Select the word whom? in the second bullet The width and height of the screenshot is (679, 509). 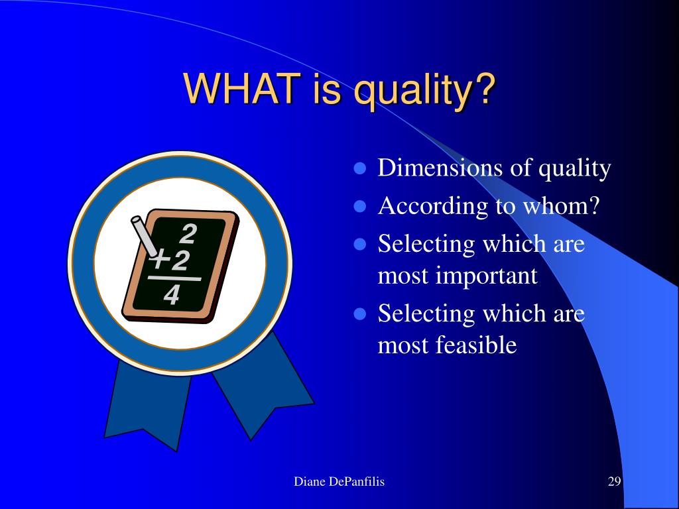(x=561, y=205)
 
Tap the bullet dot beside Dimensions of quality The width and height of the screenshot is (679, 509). (x=360, y=168)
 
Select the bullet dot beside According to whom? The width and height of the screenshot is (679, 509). (x=360, y=206)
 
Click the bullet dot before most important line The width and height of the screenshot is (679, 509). (x=360, y=244)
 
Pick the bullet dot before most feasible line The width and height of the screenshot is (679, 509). (x=360, y=313)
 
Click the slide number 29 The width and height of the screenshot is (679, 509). (x=615, y=481)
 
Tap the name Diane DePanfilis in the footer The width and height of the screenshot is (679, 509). (x=339, y=481)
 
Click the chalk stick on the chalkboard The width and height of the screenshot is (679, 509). (x=145, y=236)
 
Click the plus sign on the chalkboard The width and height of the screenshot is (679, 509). (x=160, y=260)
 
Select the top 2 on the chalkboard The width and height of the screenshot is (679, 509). (x=188, y=234)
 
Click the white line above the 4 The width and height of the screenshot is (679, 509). (x=174, y=278)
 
